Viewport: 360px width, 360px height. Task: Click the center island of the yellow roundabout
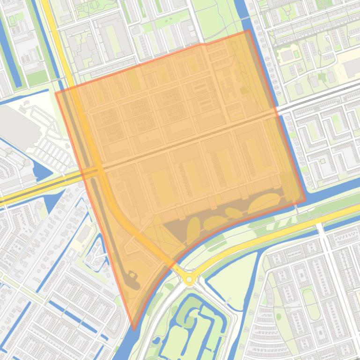pos(189,280)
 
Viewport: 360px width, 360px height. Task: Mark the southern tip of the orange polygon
pos(134,330)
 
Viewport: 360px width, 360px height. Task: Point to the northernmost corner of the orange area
pos(249,31)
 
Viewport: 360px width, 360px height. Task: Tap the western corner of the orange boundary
pos(56,93)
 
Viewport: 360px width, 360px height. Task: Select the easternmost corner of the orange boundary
pos(305,201)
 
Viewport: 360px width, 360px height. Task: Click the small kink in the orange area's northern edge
pos(201,44)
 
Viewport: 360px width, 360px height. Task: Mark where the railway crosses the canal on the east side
pos(276,111)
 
